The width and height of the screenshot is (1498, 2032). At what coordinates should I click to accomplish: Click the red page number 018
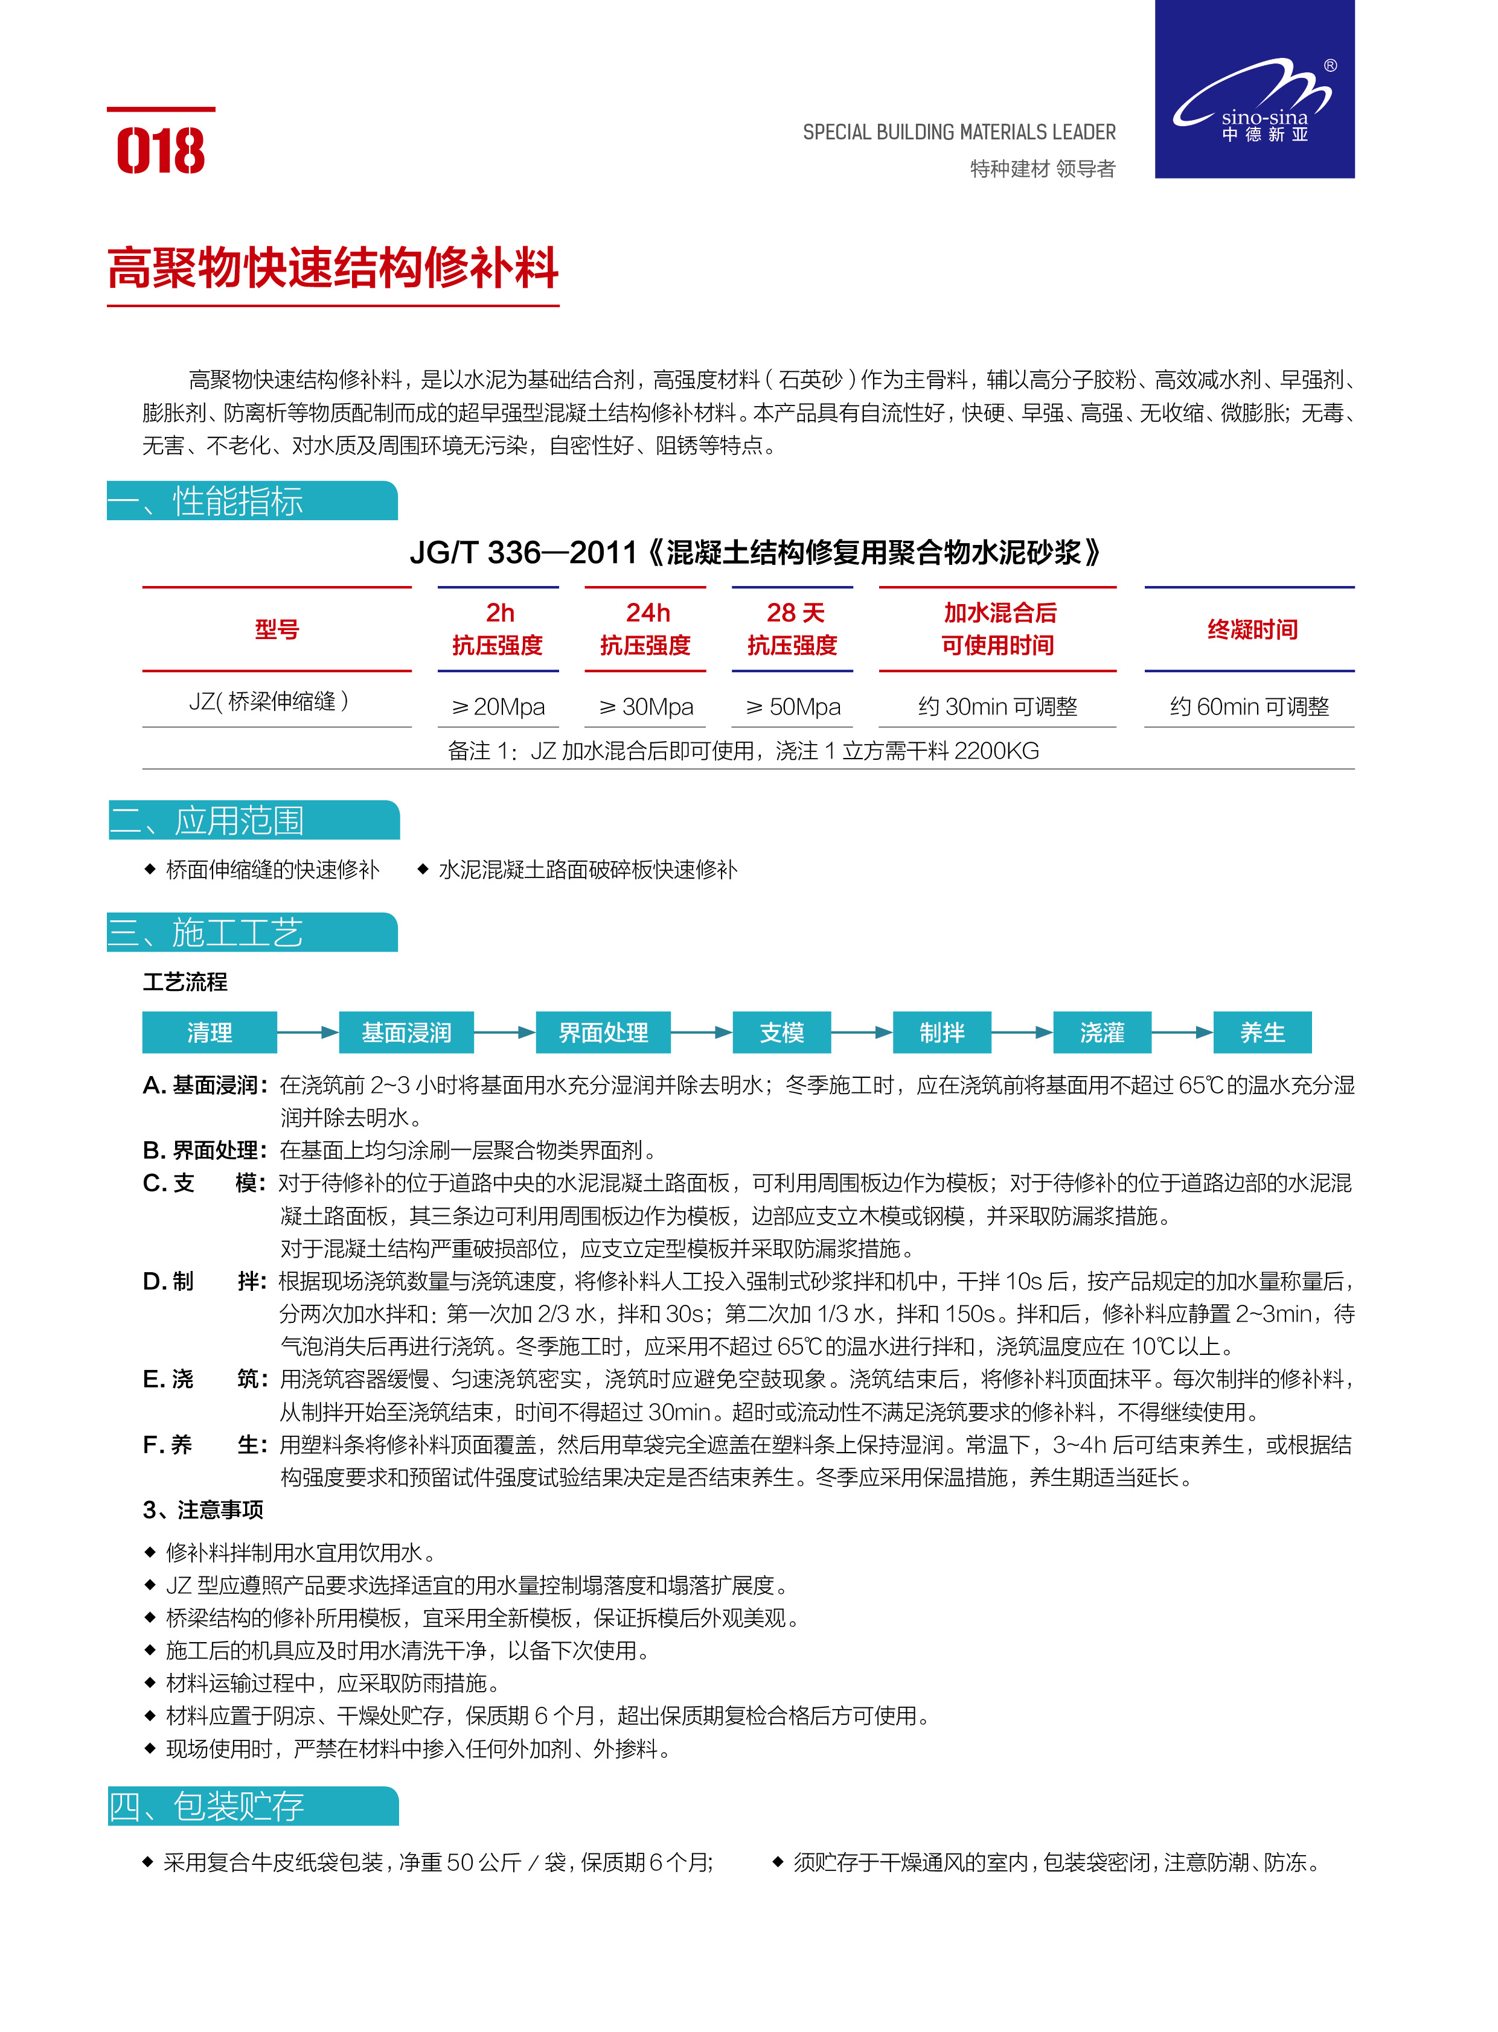[x=161, y=150]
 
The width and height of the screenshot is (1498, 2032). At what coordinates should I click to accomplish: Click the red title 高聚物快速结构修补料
[x=333, y=269]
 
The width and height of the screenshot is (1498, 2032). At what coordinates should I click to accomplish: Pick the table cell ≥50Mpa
[x=793, y=706]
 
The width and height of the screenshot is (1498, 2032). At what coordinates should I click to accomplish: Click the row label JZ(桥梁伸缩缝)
[x=269, y=701]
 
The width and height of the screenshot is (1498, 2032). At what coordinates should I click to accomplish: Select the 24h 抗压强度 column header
[x=645, y=629]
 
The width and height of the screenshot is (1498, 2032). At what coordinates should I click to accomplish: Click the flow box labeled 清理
[x=210, y=1033]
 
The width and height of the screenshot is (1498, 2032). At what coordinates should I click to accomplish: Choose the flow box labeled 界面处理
[x=603, y=1033]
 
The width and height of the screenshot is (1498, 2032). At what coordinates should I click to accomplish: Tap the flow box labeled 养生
[x=1263, y=1033]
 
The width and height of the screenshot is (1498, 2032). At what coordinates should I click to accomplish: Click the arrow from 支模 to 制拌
[x=862, y=1033]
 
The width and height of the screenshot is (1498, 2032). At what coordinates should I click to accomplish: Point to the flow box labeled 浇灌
[x=1102, y=1033]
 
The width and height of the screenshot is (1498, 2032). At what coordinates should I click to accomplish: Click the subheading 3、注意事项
[x=203, y=1509]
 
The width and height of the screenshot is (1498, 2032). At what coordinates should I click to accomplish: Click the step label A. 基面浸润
[x=205, y=1085]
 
